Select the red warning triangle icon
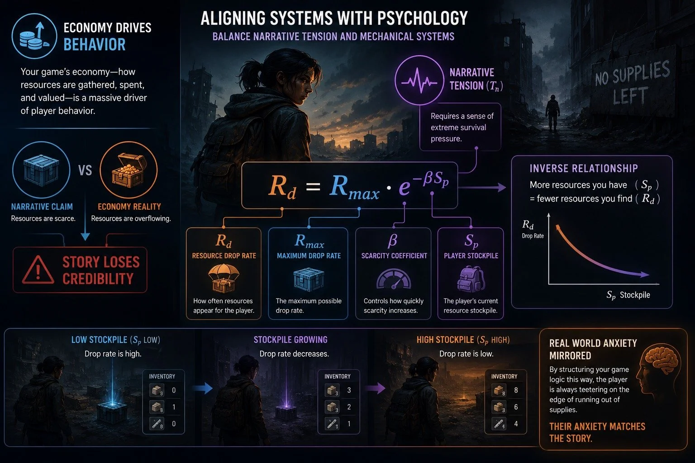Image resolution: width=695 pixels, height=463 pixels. pyautogui.click(x=38, y=270)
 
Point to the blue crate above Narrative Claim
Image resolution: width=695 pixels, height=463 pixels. pyautogui.click(x=41, y=170)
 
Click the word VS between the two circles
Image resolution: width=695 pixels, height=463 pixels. pyautogui.click(x=85, y=170)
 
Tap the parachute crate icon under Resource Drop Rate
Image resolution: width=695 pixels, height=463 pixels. pyautogui.click(x=224, y=278)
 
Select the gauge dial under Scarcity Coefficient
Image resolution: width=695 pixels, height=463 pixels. pyautogui.click(x=393, y=279)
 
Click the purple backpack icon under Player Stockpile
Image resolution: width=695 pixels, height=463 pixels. pyautogui.click(x=471, y=279)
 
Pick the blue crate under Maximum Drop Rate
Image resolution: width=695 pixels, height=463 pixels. pyautogui.click(x=309, y=279)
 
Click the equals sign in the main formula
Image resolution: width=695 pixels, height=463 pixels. pyautogui.click(x=313, y=187)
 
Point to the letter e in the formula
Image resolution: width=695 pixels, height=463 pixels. pyautogui.click(x=404, y=187)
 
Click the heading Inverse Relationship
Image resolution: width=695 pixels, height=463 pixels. pyautogui.click(x=584, y=168)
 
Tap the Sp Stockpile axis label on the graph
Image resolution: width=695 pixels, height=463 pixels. pyautogui.click(x=628, y=295)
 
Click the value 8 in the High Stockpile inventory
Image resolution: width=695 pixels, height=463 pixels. pyautogui.click(x=516, y=390)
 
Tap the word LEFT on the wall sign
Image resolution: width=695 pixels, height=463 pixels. pyautogui.click(x=630, y=96)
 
